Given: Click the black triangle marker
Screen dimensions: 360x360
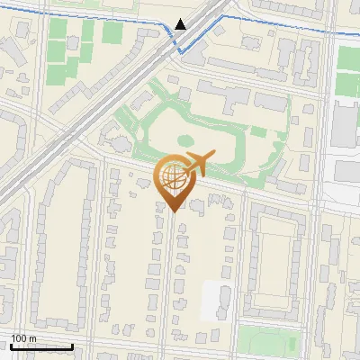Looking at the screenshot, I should (x=181, y=24).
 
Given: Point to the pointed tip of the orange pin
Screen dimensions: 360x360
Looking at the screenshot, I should (x=173, y=211).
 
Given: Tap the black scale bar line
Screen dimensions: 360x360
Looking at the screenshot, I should (x=41, y=346).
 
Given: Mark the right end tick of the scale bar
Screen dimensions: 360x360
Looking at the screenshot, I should (x=72, y=345).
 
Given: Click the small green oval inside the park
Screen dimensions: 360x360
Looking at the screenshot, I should (x=184, y=140).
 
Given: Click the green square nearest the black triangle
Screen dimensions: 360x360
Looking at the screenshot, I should (x=112, y=33).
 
